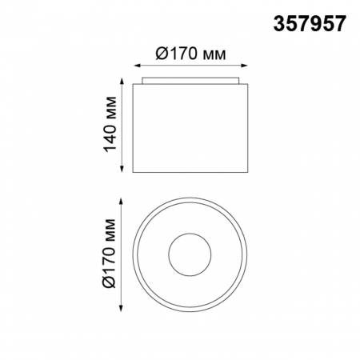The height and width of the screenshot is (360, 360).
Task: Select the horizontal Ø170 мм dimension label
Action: click(x=188, y=54)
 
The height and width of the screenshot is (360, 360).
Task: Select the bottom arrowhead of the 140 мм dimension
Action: click(x=122, y=170)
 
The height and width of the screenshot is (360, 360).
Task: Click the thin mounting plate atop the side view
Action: click(x=190, y=80)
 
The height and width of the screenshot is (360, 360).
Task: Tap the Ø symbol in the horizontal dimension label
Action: click(x=158, y=54)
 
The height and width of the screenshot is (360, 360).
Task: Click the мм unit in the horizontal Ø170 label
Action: click(x=211, y=54)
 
